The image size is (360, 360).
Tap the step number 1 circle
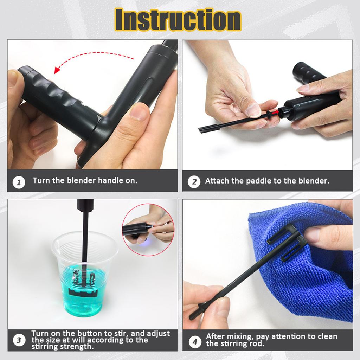pyautogui.click(x=19, y=182)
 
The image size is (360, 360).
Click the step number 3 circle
pyautogui.click(x=19, y=340)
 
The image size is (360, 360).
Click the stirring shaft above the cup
pyautogui.click(x=85, y=232)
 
